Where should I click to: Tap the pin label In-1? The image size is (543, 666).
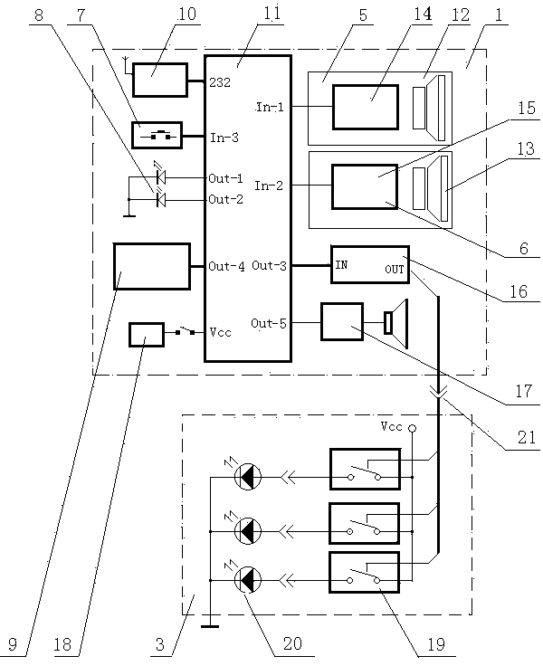[x=270, y=107]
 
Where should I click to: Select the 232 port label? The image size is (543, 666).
[x=220, y=81]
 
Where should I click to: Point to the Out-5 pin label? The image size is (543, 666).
[x=269, y=323]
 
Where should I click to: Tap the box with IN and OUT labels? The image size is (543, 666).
[x=369, y=265]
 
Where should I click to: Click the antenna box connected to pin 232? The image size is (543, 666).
[x=159, y=80]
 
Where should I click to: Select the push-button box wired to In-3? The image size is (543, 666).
[x=157, y=136]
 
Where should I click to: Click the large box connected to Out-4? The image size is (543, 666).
[x=152, y=266]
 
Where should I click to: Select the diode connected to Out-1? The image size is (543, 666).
[x=160, y=177]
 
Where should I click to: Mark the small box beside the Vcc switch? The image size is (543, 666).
[x=147, y=334]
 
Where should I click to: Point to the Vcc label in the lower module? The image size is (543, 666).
[x=392, y=426]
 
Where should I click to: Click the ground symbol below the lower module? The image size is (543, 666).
[x=209, y=623]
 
